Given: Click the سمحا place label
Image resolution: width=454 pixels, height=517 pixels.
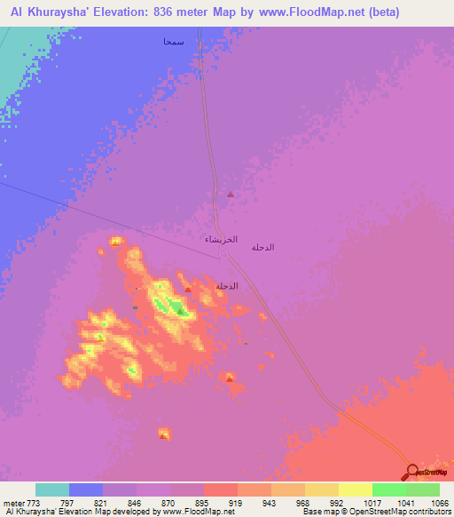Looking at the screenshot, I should [x=173, y=42].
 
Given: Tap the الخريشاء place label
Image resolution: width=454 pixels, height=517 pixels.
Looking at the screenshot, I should [x=221, y=240].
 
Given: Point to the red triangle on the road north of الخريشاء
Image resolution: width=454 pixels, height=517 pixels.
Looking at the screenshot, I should [x=231, y=194].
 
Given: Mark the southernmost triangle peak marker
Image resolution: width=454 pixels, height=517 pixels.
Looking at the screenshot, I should [x=164, y=434].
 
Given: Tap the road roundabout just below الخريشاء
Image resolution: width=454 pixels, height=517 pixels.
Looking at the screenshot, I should [x=223, y=253].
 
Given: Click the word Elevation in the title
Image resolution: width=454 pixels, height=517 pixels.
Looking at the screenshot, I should [x=138, y=12].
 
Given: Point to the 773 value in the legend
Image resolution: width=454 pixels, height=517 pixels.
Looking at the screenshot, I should [x=35, y=502].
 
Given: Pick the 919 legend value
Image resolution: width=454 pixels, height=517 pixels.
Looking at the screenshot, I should [x=231, y=502].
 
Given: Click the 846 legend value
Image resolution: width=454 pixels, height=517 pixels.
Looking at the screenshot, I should [x=133, y=502].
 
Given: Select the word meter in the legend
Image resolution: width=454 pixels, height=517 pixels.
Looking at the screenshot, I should [x=12, y=502].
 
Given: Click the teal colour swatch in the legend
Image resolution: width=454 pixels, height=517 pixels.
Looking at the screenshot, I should [x=52, y=489].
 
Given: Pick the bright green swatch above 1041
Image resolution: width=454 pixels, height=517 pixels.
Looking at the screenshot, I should [x=389, y=489].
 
